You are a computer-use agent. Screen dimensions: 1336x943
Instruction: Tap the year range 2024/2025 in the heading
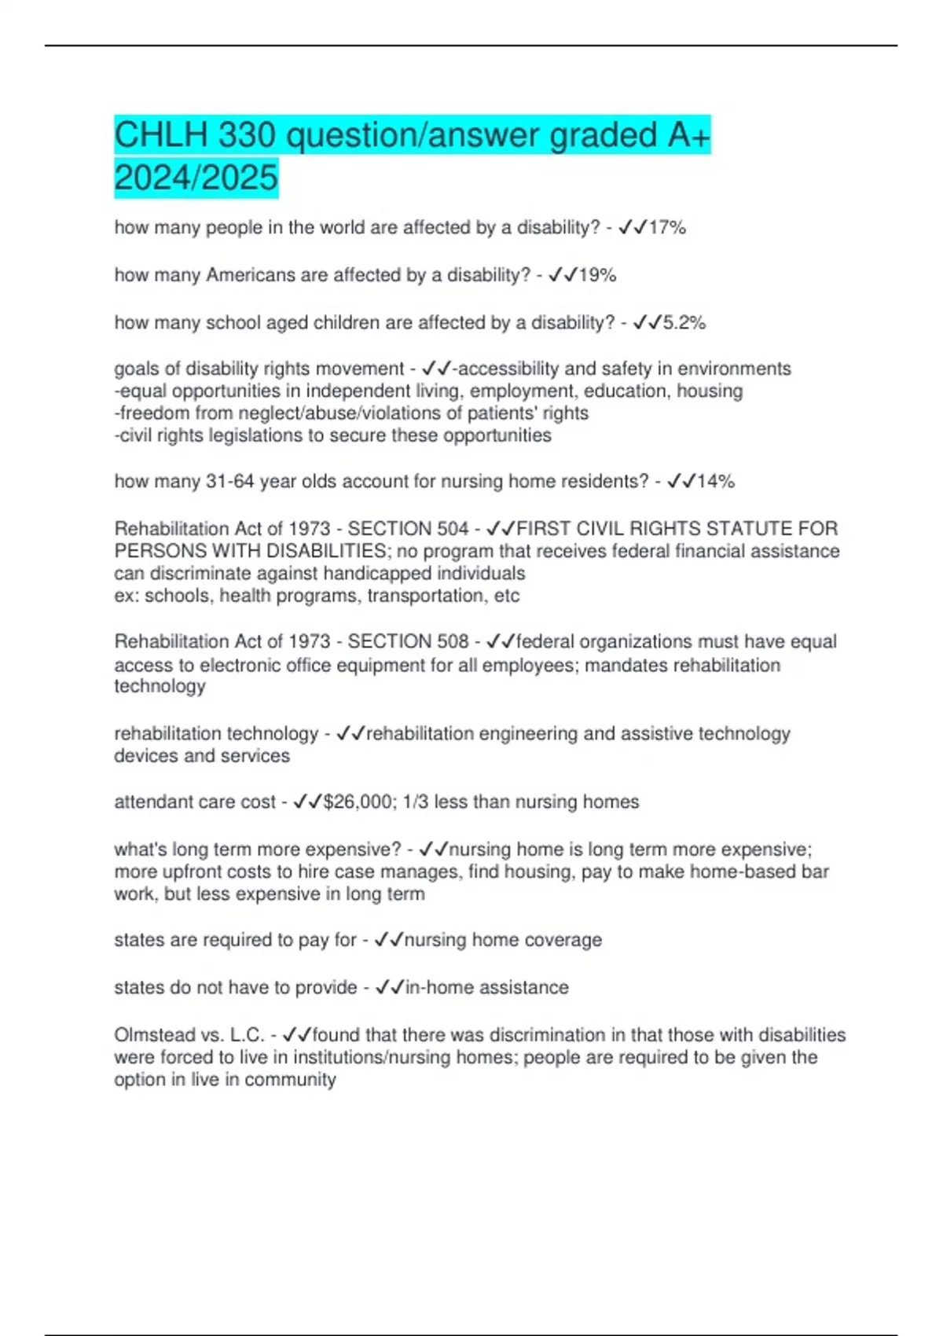196,177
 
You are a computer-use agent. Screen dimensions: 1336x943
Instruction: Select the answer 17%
667,228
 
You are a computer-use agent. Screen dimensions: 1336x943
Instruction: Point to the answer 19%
597,275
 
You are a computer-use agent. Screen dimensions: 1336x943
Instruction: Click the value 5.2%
684,323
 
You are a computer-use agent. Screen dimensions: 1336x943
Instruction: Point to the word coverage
563,941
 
